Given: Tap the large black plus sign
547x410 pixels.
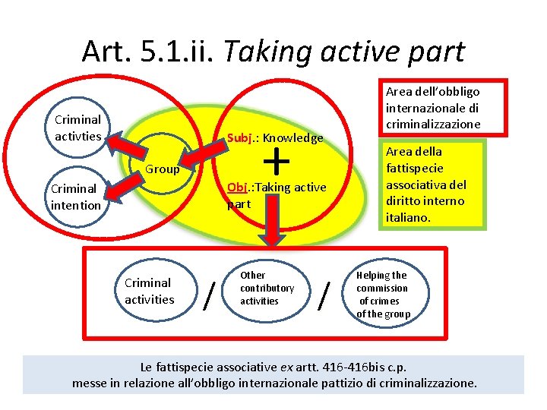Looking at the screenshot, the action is (x=279, y=160).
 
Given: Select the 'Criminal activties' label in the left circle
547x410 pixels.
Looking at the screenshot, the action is (x=77, y=128).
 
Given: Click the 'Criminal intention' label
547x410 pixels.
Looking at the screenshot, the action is (x=75, y=197).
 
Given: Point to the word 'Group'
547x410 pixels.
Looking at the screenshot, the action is (x=163, y=169).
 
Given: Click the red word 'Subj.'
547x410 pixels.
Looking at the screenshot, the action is (x=241, y=138).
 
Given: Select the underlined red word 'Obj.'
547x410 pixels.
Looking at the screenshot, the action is (x=239, y=187).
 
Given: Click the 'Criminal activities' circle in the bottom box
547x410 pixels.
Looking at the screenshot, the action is (x=150, y=291).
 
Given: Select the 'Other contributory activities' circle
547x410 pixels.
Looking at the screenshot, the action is (x=267, y=289).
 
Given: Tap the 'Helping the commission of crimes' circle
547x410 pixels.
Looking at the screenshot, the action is (x=383, y=295).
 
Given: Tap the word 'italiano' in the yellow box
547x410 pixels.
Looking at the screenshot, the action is (x=409, y=217).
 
